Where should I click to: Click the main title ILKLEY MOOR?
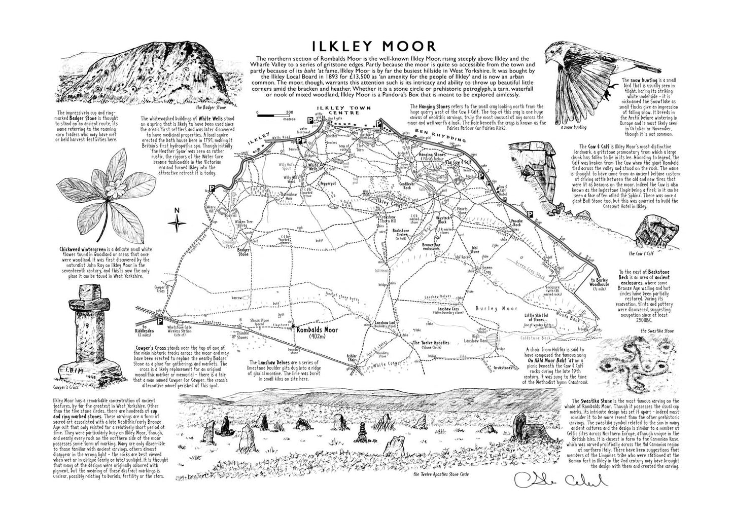(374, 46)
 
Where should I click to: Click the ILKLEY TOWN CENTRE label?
(343, 110)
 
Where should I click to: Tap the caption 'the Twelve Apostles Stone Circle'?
(441, 474)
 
